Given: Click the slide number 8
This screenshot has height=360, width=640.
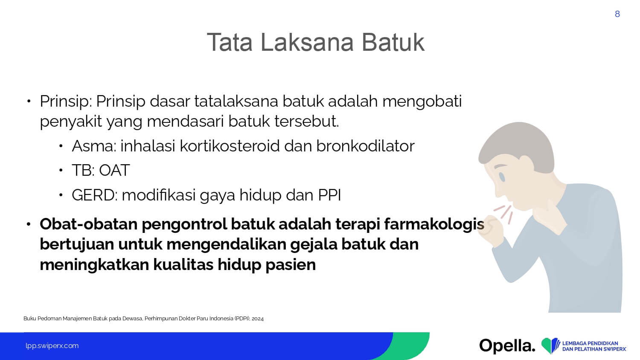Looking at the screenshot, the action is click(617, 14).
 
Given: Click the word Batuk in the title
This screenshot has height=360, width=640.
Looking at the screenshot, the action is click(393, 42).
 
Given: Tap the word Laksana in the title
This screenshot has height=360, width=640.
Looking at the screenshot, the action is click(307, 42).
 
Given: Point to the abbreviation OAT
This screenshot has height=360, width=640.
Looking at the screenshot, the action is click(114, 170).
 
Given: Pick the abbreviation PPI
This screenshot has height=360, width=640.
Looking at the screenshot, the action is click(329, 195).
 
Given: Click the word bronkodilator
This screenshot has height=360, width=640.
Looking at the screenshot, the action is click(365, 146).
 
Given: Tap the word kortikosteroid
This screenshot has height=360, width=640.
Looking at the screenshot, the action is click(230, 146).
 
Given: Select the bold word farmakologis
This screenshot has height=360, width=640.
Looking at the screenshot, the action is click(434, 224).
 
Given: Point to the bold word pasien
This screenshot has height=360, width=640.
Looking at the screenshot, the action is click(291, 265).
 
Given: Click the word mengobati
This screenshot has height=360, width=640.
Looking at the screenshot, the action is click(422, 102).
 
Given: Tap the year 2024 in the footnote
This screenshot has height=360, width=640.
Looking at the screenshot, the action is click(258, 319).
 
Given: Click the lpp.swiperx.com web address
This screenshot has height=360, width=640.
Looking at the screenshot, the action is click(52, 346).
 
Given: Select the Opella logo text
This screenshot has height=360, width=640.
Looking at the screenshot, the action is click(507, 346).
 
